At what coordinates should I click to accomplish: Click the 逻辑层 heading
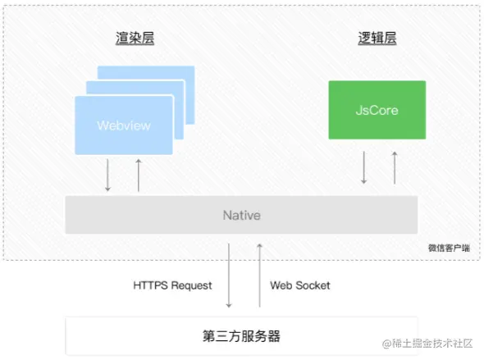click(377, 39)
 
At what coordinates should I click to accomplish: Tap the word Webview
click(124, 125)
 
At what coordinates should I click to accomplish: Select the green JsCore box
click(377, 109)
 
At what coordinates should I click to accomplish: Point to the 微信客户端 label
click(449, 247)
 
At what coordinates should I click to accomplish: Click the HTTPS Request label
click(172, 285)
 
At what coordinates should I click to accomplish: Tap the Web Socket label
click(300, 285)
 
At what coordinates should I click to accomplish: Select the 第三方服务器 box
click(241, 336)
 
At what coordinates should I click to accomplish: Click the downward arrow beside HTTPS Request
click(229, 276)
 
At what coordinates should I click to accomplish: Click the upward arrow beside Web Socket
click(260, 276)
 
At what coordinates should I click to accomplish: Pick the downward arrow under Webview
click(107, 175)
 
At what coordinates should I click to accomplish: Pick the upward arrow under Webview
click(138, 175)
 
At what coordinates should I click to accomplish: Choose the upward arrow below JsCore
click(395, 166)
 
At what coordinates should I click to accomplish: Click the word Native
click(241, 215)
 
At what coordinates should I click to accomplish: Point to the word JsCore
click(377, 109)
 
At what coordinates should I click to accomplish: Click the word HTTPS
click(151, 285)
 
